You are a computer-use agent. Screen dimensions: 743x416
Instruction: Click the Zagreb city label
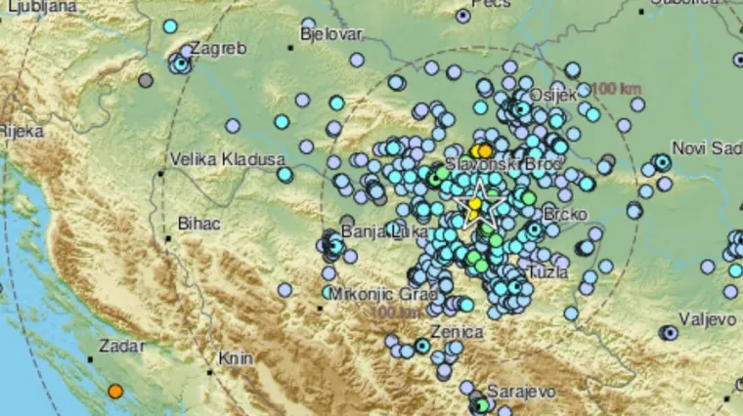216,47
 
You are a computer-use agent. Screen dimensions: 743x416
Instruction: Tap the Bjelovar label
331,34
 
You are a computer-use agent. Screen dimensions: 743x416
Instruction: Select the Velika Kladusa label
227,158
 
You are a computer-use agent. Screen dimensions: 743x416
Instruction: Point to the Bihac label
198,224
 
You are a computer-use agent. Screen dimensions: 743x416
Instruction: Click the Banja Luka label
374,231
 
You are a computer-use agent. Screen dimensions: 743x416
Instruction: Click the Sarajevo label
522,391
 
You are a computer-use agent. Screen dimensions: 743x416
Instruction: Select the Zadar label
121,346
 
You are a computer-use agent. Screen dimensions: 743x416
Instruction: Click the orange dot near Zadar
115,392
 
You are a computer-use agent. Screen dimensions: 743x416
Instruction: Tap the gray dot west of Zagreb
146,80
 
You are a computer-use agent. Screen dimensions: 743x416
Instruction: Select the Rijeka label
17,129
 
